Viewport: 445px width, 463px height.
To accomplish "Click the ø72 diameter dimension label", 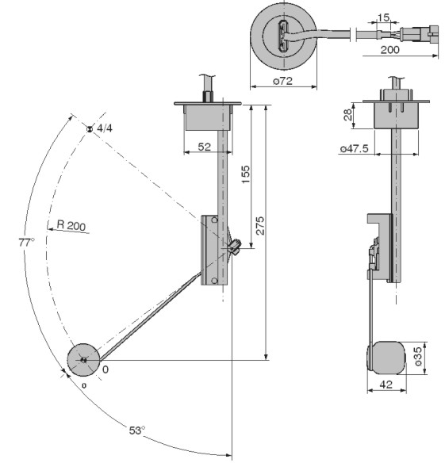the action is (x=282, y=81).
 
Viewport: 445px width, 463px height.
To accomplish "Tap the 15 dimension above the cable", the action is (x=383, y=17).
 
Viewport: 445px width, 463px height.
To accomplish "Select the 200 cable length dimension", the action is (x=389, y=50).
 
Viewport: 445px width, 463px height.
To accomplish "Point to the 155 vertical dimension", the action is (x=246, y=174).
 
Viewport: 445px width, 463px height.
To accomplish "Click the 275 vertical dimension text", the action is (x=260, y=226).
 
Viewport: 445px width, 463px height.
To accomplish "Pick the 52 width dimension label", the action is (x=204, y=147).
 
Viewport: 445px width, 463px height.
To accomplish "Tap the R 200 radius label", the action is (x=71, y=225).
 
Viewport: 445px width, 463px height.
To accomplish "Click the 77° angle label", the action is (x=26, y=242).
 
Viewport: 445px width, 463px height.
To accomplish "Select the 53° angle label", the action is (x=136, y=430).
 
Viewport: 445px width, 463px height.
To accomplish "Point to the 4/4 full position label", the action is (x=105, y=128).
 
